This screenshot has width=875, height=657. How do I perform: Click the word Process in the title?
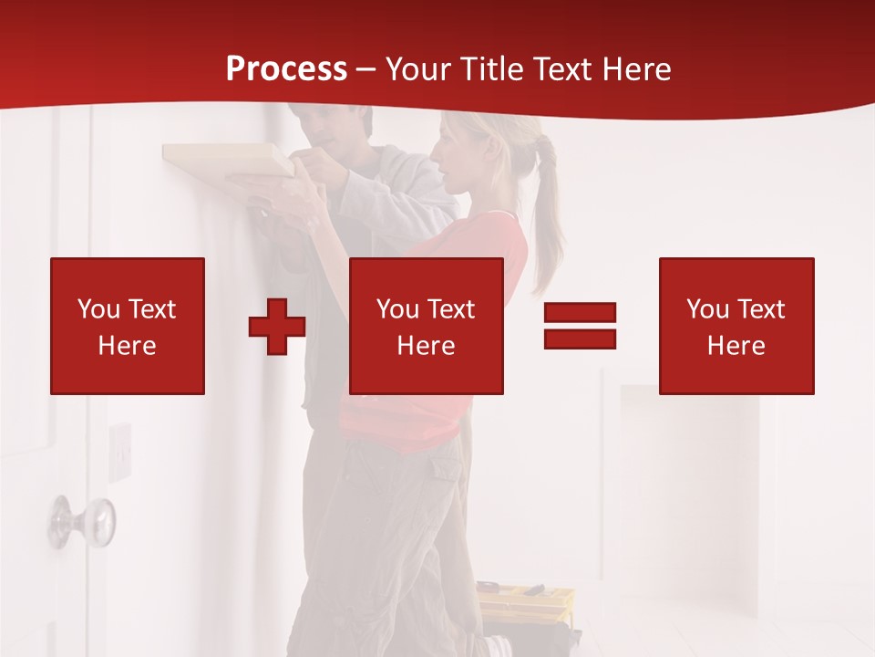click(286, 69)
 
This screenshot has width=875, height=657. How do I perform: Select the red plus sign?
click(277, 327)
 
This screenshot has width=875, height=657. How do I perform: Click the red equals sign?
click(580, 326)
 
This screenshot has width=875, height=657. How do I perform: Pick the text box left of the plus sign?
click(128, 326)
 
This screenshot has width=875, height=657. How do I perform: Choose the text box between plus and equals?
click(427, 326)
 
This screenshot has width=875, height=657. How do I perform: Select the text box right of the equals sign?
click(736, 326)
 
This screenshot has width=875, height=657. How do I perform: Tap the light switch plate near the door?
click(120, 450)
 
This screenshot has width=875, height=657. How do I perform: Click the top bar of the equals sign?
click(580, 313)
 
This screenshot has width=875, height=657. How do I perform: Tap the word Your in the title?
click(417, 69)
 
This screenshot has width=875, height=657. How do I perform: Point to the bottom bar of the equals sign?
click(580, 339)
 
